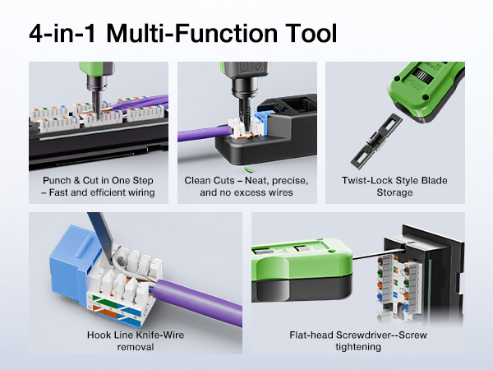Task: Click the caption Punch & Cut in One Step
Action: (x=98, y=180)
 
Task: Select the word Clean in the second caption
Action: (x=200, y=180)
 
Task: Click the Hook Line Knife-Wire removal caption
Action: (x=135, y=340)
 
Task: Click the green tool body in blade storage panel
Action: (x=427, y=90)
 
